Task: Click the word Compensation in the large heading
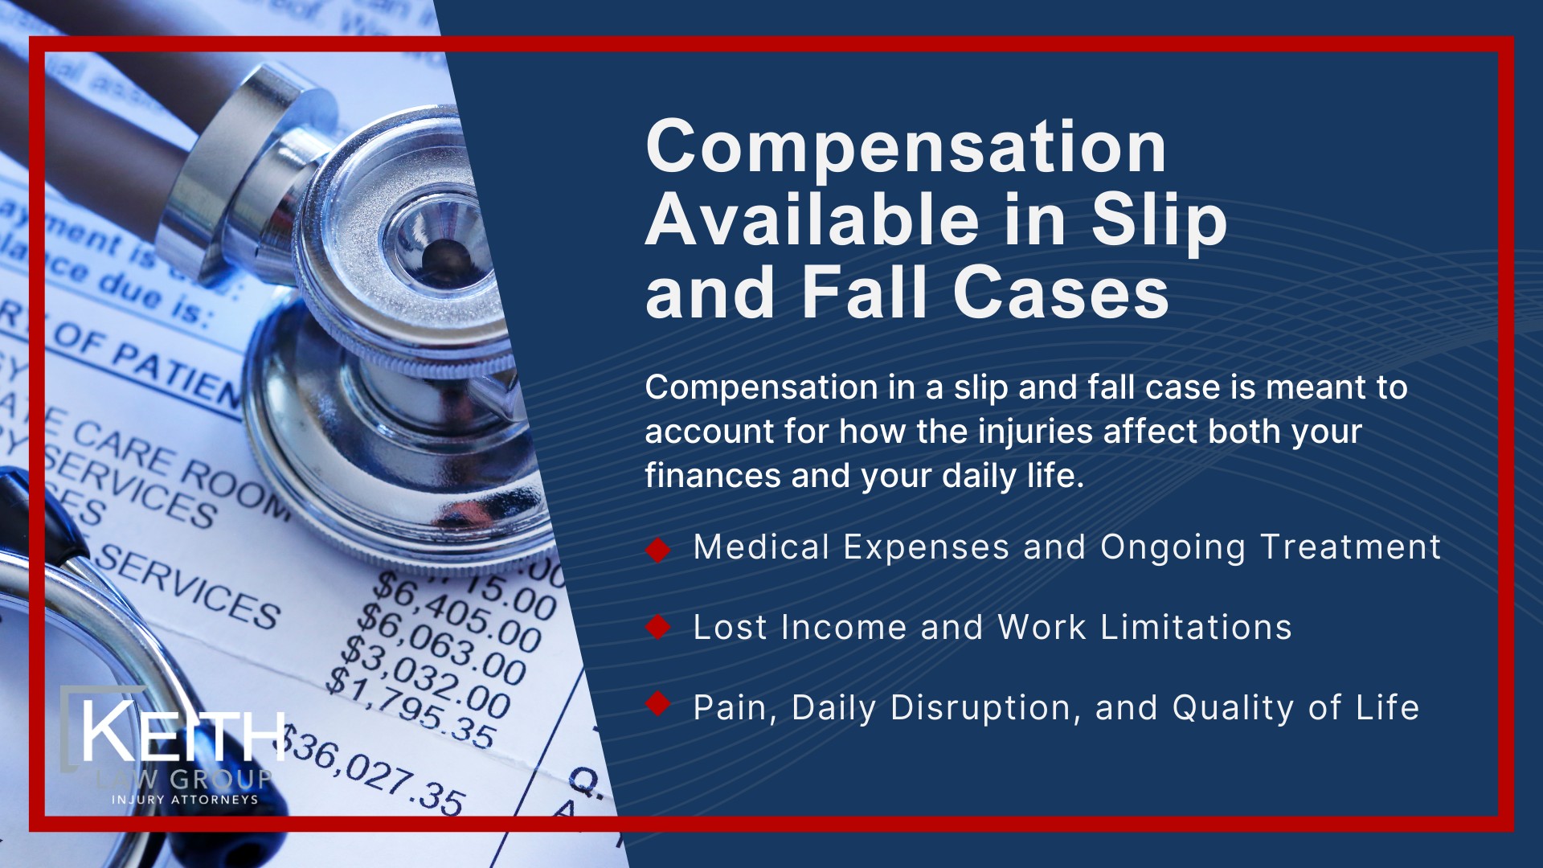[x=906, y=147]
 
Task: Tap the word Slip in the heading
[x=1158, y=221]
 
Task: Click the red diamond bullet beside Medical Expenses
[x=658, y=550]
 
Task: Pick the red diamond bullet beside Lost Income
[x=658, y=628]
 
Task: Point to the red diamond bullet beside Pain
[x=658, y=704]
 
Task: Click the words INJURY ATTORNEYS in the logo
[x=185, y=800]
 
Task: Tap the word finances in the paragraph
[x=711, y=476]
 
